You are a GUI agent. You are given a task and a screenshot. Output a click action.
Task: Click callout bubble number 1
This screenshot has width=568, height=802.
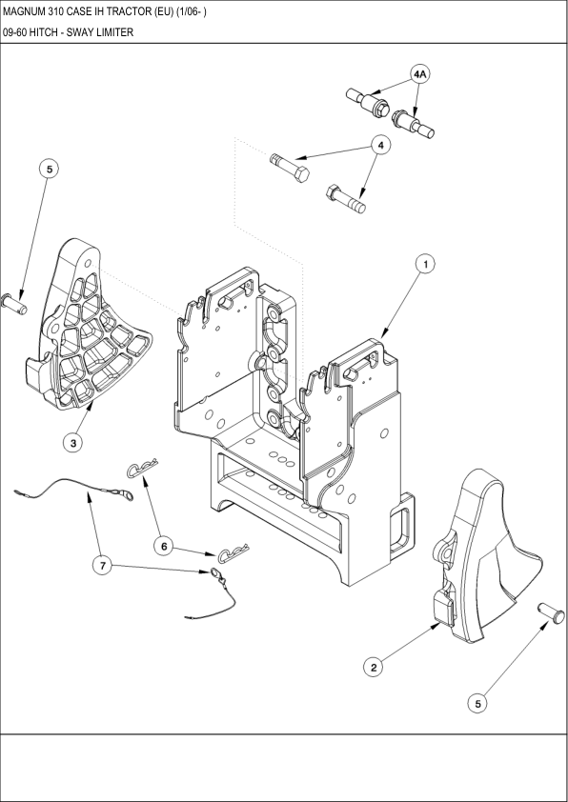[x=426, y=262]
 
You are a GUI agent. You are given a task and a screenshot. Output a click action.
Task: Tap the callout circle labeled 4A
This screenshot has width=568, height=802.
[x=420, y=73]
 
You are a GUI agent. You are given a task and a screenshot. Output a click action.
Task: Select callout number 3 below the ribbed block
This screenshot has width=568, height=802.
[x=72, y=442]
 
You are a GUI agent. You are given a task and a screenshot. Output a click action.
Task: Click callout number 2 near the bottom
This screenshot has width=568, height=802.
[x=375, y=668]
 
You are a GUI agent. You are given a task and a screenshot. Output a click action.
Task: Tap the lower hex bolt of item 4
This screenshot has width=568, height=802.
[x=345, y=198]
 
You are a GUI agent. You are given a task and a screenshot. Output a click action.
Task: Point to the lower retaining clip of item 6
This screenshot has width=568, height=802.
[x=233, y=553]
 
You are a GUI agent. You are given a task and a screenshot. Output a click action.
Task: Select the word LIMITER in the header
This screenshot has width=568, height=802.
[x=113, y=31]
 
